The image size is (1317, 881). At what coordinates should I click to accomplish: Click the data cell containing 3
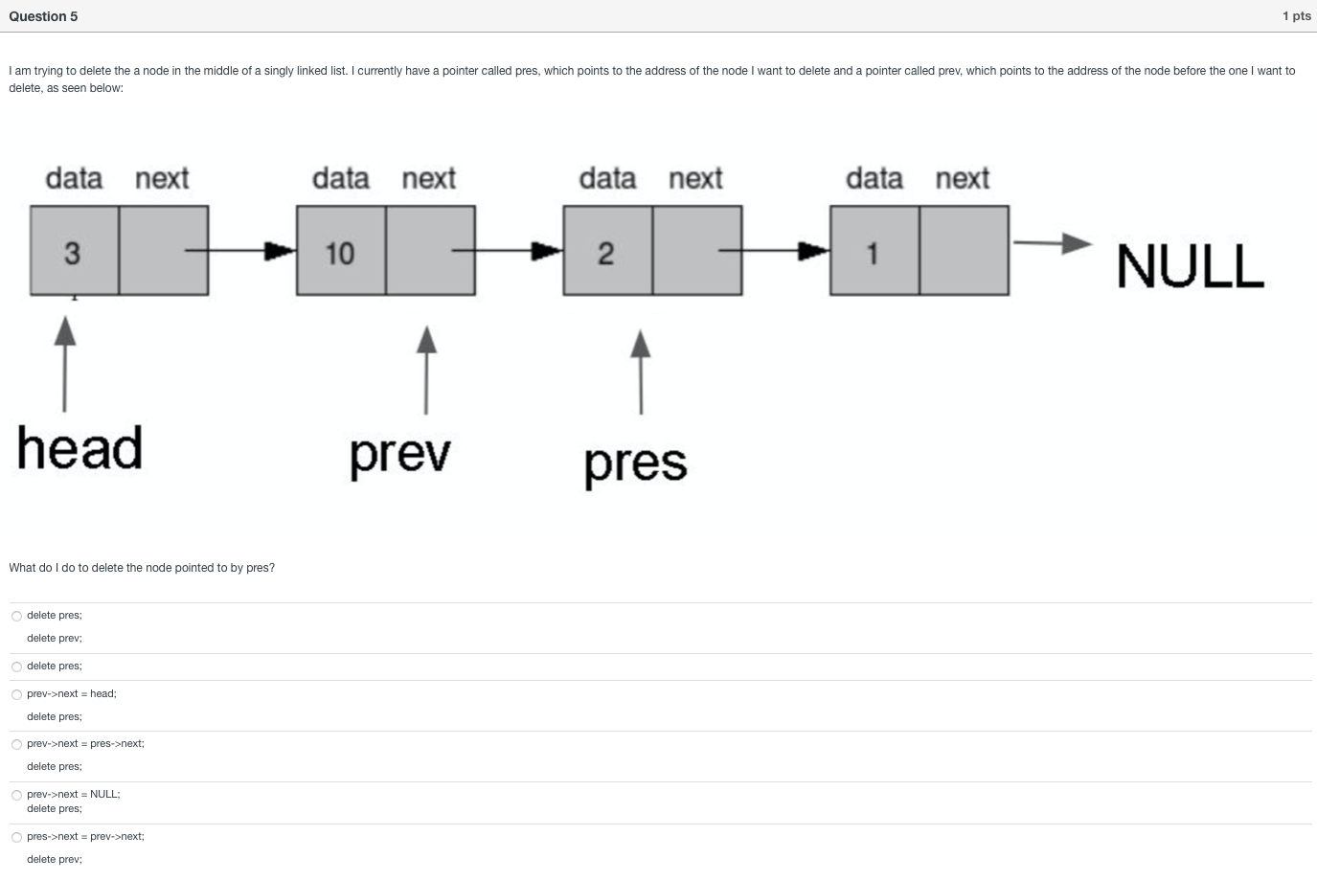click(x=74, y=251)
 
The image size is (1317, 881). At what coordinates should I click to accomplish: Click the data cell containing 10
click(x=341, y=251)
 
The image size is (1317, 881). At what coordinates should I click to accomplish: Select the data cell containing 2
click(x=607, y=251)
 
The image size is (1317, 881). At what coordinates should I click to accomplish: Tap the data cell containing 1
click(x=874, y=251)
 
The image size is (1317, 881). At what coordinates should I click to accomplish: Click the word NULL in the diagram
click(x=1190, y=266)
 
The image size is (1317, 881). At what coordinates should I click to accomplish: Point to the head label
click(x=80, y=448)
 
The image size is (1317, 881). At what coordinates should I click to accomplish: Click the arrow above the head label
click(x=64, y=364)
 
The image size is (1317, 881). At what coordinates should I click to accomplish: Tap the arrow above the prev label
click(x=426, y=370)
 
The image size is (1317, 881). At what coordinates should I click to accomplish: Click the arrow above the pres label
click(x=641, y=372)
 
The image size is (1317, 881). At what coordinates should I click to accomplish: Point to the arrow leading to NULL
click(x=1051, y=242)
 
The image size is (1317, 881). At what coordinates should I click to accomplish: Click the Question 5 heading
click(x=43, y=16)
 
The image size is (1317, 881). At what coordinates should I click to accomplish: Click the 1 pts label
click(x=1296, y=16)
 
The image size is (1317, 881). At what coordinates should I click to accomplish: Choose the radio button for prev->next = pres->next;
click(x=16, y=744)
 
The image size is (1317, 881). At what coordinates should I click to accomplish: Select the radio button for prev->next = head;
click(x=16, y=694)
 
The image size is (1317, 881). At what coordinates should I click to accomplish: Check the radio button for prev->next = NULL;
click(x=16, y=795)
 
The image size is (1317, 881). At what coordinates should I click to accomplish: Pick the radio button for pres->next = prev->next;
click(x=16, y=837)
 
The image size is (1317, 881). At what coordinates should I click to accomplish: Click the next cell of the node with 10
click(x=430, y=251)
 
